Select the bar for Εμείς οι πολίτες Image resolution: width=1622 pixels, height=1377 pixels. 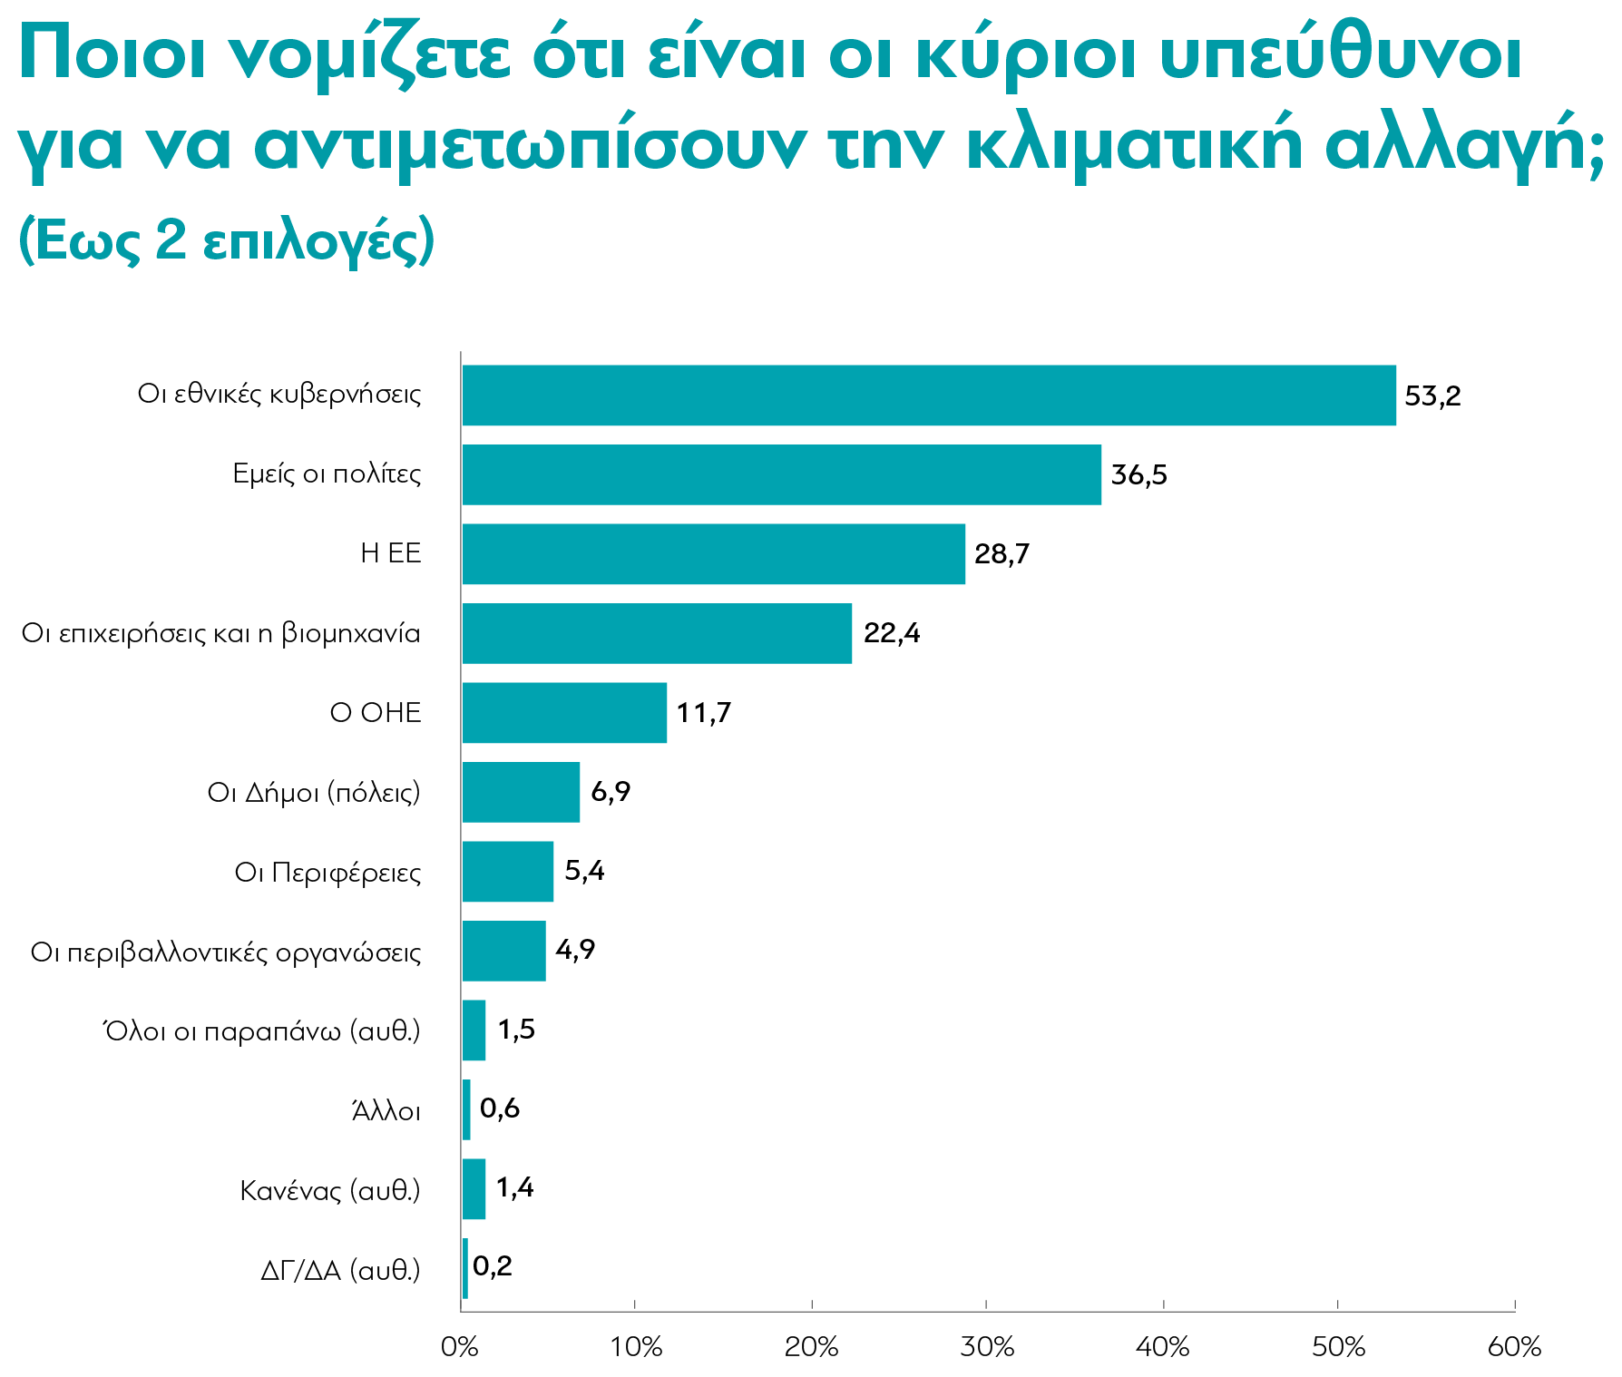click(781, 474)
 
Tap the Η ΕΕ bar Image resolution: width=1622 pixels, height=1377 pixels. click(713, 553)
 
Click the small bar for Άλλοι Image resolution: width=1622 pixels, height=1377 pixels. click(466, 1109)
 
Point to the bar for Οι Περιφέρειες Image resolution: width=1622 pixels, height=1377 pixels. click(507, 872)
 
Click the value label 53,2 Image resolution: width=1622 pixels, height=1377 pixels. click(1432, 396)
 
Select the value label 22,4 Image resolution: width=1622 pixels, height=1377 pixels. click(891, 633)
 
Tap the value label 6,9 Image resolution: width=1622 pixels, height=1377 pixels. click(611, 792)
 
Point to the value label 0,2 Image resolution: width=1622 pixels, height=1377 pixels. click(493, 1266)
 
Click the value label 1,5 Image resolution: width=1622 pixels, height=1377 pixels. click(516, 1030)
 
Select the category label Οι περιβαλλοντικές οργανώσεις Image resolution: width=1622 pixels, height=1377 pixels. click(226, 952)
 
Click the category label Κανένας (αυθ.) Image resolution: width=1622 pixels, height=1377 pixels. click(330, 1190)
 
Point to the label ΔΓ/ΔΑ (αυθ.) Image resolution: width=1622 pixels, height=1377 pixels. click(340, 1270)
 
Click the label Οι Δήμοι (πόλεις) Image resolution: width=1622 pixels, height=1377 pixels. click(314, 793)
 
